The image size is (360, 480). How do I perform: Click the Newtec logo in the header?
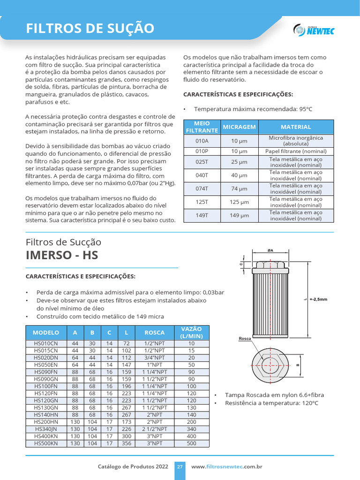click(314, 30)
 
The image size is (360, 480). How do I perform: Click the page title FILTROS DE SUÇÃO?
click(90, 29)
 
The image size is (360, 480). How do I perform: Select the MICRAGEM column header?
click(239, 127)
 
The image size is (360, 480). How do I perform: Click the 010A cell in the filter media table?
click(202, 141)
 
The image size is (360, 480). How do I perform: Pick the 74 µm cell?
click(239, 188)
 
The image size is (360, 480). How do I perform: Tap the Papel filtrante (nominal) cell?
click(296, 151)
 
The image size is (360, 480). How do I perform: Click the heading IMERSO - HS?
click(62, 256)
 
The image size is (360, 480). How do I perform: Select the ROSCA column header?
click(154, 333)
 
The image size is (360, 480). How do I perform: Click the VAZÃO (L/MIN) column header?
click(191, 333)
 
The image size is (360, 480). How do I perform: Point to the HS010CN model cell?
click(46, 344)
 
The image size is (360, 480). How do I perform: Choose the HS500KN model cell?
click(46, 443)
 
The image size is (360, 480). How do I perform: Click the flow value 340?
click(191, 429)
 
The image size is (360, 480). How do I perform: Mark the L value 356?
click(126, 443)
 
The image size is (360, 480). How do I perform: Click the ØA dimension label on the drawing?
click(270, 251)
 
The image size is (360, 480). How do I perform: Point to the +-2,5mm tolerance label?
click(318, 299)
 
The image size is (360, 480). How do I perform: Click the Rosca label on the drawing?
click(245, 338)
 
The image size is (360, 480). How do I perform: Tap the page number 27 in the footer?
click(180, 467)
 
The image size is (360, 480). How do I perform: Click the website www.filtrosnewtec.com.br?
click(226, 467)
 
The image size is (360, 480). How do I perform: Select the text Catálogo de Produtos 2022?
click(133, 467)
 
